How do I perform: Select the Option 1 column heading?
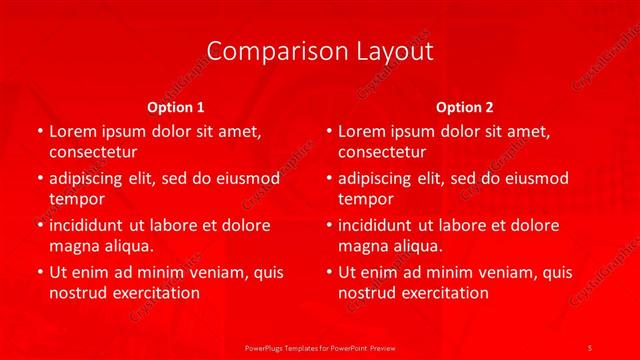pyautogui.click(x=176, y=107)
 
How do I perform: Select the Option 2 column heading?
pyautogui.click(x=465, y=107)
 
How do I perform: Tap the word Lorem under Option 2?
pyautogui.click(x=361, y=132)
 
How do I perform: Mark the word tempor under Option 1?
pyautogui.click(x=77, y=200)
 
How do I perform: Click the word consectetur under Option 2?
pyautogui.click(x=382, y=153)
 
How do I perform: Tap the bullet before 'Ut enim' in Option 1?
pyautogui.click(x=38, y=272)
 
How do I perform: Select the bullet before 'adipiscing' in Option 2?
pyautogui.click(x=328, y=179)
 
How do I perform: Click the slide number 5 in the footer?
pyautogui.click(x=590, y=346)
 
